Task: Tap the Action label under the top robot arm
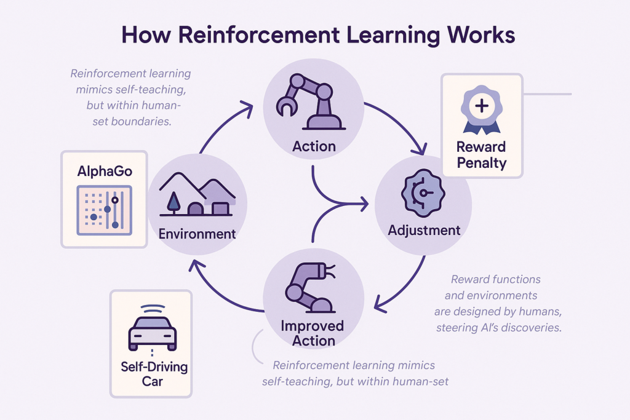coord(314,146)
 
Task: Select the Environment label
coord(197,234)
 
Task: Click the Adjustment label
coord(424,231)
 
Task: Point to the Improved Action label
coord(313,333)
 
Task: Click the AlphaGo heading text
coord(105,172)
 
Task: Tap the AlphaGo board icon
coord(105,210)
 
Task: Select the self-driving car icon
coord(153,328)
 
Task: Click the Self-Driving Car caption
coord(154,374)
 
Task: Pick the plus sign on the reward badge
coord(482,106)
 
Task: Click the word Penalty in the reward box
coord(482,163)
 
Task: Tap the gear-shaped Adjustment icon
coord(423,193)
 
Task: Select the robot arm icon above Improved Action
coord(310,288)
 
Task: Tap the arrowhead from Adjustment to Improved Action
coord(380,304)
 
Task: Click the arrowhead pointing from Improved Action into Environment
coord(196,266)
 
